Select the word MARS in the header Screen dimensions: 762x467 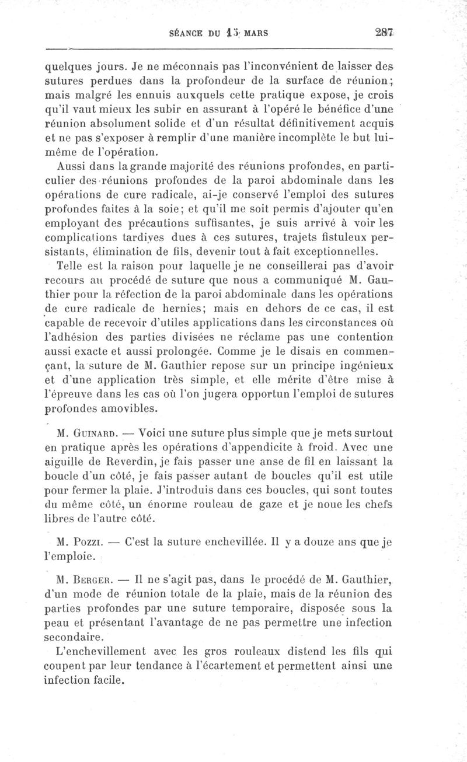point(255,33)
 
